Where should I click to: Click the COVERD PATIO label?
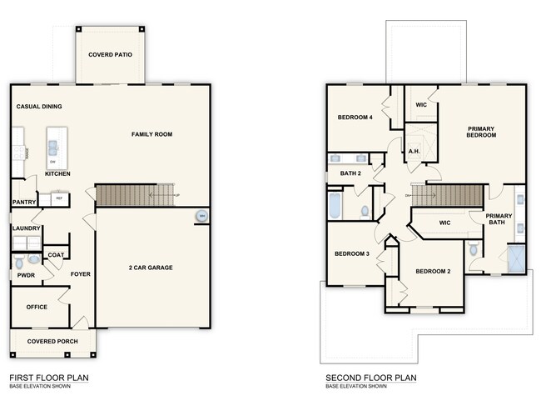111,55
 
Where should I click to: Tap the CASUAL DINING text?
39,107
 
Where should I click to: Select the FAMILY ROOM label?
151,133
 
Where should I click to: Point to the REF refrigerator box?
59,198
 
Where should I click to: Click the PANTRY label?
23,202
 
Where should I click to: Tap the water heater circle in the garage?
201,217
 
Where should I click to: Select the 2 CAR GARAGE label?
150,268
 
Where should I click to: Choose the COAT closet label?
56,255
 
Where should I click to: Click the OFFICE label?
37,307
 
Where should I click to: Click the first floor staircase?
136,196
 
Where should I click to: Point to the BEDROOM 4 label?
355,118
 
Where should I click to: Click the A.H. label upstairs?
413,151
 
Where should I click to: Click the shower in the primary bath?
517,258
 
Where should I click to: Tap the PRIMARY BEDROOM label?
481,132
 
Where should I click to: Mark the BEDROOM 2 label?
433,271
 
